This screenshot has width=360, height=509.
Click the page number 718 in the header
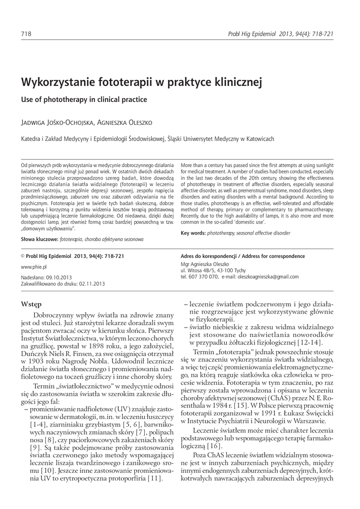[25, 34]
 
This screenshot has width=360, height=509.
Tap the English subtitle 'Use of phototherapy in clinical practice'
[84, 99]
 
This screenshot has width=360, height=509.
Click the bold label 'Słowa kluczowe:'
[39, 239]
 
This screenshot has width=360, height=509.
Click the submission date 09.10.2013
[59, 277]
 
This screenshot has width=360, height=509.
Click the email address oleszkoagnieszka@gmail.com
[268, 277]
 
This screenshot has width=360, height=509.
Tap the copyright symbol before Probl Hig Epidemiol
[22, 256]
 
